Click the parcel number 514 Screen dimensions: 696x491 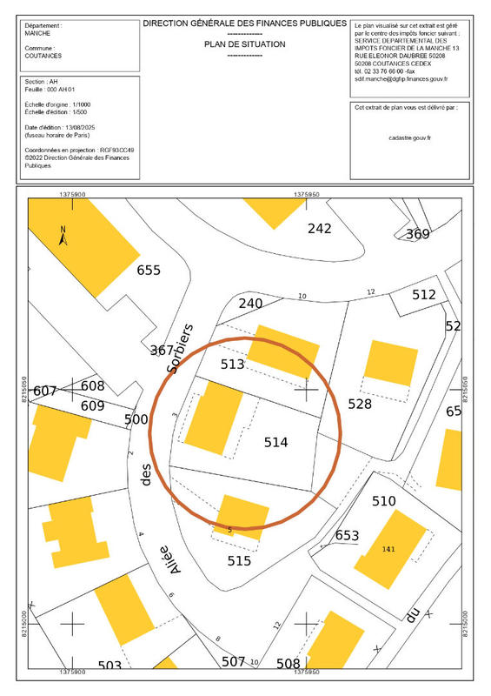pyautogui.click(x=276, y=443)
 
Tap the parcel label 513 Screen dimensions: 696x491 pyautogui.click(x=232, y=365)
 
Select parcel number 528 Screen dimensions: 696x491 pyautogui.click(x=359, y=404)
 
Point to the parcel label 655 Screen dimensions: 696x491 pyautogui.click(x=149, y=270)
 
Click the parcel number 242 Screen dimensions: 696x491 pyautogui.click(x=321, y=229)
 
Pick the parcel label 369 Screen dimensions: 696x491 pyautogui.click(x=418, y=234)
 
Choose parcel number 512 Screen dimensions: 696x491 pyautogui.click(x=424, y=295)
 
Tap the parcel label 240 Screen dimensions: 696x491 pyautogui.click(x=250, y=304)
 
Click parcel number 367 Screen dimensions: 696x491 pyautogui.click(x=162, y=351)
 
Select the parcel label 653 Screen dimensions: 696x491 pyautogui.click(x=347, y=534)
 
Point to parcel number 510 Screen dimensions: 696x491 pyautogui.click(x=383, y=501)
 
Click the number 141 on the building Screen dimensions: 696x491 pyautogui.click(x=388, y=549)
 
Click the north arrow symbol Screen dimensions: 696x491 pyautogui.click(x=63, y=235)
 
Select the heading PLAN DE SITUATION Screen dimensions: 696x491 pyautogui.click(x=244, y=43)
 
